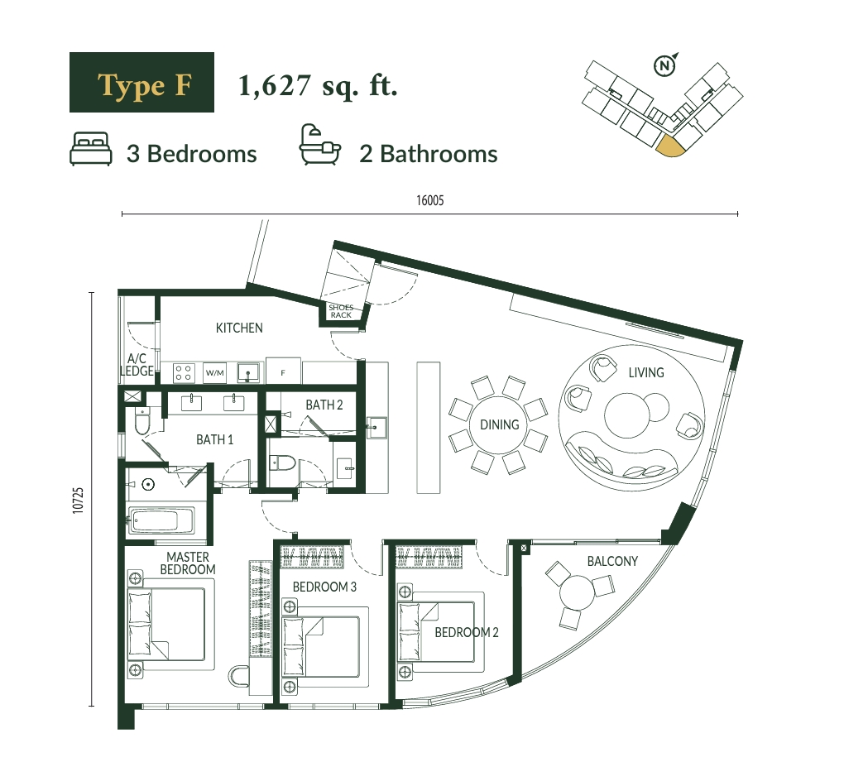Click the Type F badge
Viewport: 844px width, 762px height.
141,83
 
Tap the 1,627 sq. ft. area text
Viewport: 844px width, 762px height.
318,86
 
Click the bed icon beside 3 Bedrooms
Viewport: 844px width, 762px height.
91,149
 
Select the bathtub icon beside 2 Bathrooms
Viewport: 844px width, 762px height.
319,144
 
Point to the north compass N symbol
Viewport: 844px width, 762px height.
665,65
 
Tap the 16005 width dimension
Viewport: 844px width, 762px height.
430,201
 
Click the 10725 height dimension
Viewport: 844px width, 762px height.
79,501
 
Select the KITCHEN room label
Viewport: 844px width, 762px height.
239,328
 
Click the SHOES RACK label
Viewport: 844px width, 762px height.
341,311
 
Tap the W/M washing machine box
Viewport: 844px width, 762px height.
215,372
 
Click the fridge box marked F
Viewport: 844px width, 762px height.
283,371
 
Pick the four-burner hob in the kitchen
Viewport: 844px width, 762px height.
184,372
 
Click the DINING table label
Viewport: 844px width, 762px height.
500,425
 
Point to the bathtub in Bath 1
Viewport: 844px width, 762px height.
161,521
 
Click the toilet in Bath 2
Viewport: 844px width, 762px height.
283,462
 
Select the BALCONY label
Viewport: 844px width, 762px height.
612,561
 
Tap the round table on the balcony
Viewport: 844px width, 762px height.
577,592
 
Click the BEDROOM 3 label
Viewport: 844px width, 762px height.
324,587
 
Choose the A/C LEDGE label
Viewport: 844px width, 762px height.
137,364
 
